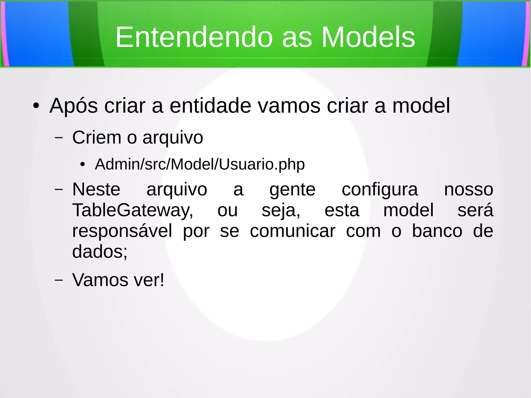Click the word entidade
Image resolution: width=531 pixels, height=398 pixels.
[x=210, y=106]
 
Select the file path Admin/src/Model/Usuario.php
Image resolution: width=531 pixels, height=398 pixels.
[x=200, y=164]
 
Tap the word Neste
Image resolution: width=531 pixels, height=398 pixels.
[x=96, y=190]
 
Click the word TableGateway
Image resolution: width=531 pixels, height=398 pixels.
[x=132, y=210]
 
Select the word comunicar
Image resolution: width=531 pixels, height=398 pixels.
[x=292, y=231]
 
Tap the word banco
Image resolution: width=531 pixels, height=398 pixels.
[x=437, y=231]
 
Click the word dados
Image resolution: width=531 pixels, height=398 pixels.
[x=100, y=252]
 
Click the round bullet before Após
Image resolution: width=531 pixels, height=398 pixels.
[x=36, y=106]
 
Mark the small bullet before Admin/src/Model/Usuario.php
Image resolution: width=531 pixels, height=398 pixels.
[x=82, y=164]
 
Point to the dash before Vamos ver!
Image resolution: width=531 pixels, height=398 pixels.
[x=59, y=280]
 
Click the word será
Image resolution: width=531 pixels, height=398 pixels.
[x=475, y=210]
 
